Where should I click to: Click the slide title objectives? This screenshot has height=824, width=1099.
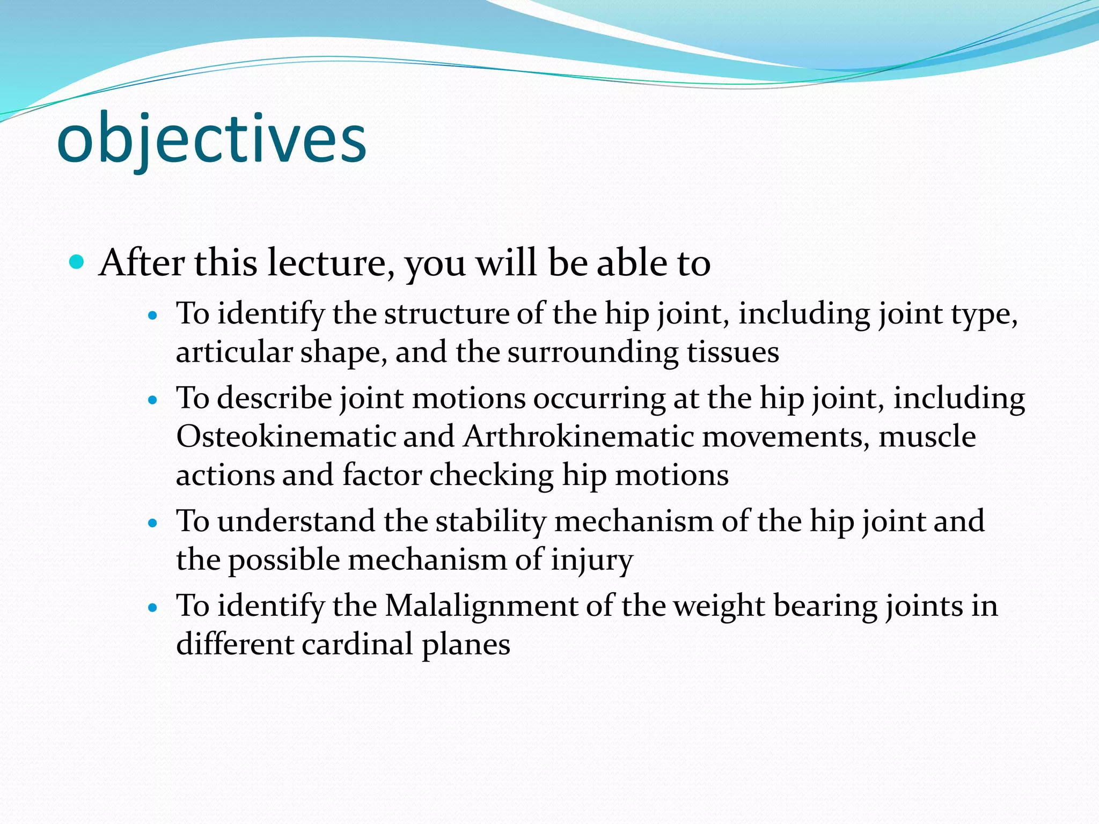tap(211, 141)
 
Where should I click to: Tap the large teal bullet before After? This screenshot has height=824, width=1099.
tap(77, 262)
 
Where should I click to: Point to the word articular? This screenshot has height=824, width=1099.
tap(234, 353)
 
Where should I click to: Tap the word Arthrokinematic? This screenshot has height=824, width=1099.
tap(578, 436)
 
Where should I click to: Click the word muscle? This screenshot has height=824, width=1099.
tap(927, 436)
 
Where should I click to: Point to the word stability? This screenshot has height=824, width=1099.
tap(490, 521)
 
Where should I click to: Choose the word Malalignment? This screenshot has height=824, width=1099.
tap(481, 606)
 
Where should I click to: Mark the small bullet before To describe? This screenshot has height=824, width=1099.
tap(153, 400)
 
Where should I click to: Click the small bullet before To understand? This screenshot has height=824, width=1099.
tap(153, 523)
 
